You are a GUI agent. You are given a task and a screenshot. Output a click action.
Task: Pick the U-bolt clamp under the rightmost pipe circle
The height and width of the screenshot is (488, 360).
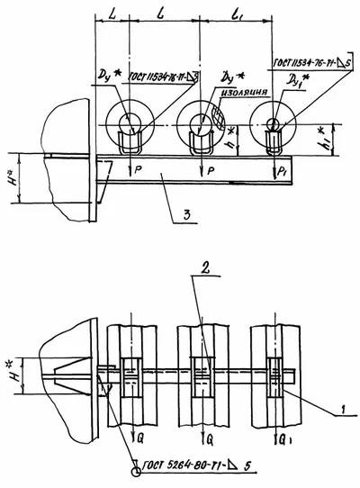tap(271, 142)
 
